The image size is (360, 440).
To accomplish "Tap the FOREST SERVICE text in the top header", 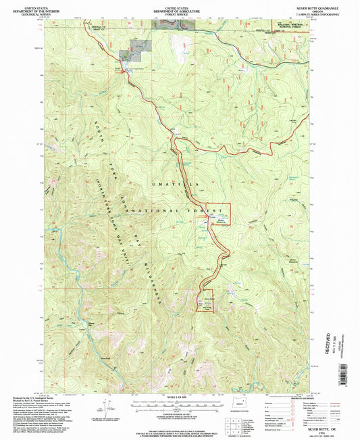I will click(x=180, y=12).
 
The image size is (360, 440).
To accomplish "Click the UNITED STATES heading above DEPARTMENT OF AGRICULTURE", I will click(x=180, y=4).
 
